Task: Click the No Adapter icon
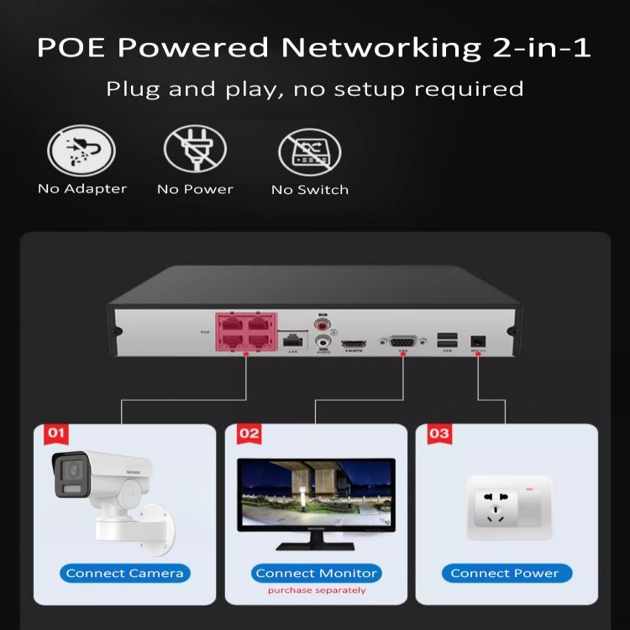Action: pos(81,151)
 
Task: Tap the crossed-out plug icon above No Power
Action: pos(195,151)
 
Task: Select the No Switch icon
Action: pos(309,152)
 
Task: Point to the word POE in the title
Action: pos(71,47)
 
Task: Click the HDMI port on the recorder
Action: pos(353,344)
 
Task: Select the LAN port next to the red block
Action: pos(292,340)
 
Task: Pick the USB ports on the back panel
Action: pos(448,339)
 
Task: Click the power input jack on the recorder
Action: pos(478,340)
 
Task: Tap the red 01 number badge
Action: pos(56,433)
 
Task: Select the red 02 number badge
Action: pos(249,433)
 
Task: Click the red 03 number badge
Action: pos(439,433)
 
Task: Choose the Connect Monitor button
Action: pos(316,573)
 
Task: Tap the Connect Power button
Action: pos(505,573)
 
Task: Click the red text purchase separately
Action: pos(317,591)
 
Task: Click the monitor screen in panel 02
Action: pos(317,495)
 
